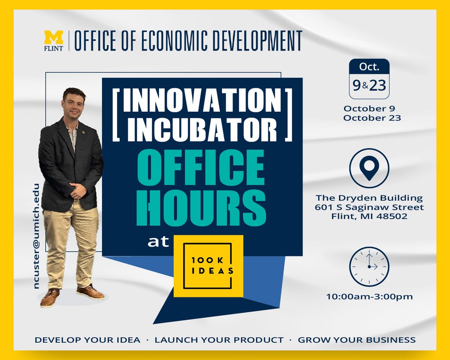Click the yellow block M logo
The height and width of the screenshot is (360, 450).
pos(54,37)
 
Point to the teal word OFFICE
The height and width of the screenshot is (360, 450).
pos(202,168)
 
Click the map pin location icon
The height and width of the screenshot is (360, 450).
pos(369,167)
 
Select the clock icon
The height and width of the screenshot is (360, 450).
pos(369,267)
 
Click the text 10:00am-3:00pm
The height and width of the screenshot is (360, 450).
pos(369,297)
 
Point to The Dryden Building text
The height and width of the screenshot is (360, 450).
pos(369,198)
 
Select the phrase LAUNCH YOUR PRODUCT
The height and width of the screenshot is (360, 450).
pos(219,340)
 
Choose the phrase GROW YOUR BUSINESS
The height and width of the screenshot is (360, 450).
pos(357,340)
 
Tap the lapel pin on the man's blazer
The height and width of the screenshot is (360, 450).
pos(85,131)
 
